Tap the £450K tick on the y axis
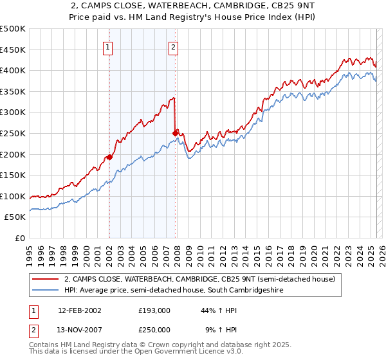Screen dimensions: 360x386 [x=14, y=50]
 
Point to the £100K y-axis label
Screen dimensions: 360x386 [x=14, y=196]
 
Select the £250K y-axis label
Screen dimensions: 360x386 [x=14, y=133]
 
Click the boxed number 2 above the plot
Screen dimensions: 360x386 [x=174, y=46]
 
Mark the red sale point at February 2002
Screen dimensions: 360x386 [x=110, y=156]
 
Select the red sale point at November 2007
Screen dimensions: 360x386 [x=175, y=133]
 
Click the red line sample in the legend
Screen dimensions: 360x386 [x=45, y=279]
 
